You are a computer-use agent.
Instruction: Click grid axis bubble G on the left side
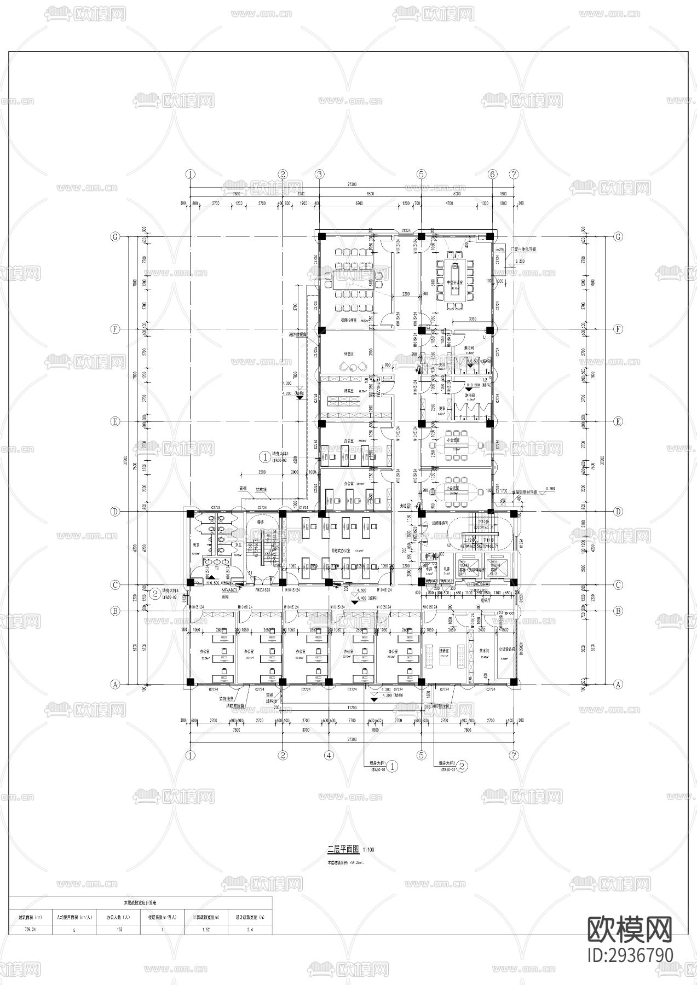[x=115, y=237]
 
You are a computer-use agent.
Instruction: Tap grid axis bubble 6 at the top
[x=492, y=174]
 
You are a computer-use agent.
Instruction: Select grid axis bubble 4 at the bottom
[x=329, y=755]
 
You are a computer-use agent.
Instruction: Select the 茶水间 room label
[x=484, y=650]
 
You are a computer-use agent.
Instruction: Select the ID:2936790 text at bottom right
[x=630, y=954]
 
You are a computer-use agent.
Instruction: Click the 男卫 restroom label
[x=195, y=546]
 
